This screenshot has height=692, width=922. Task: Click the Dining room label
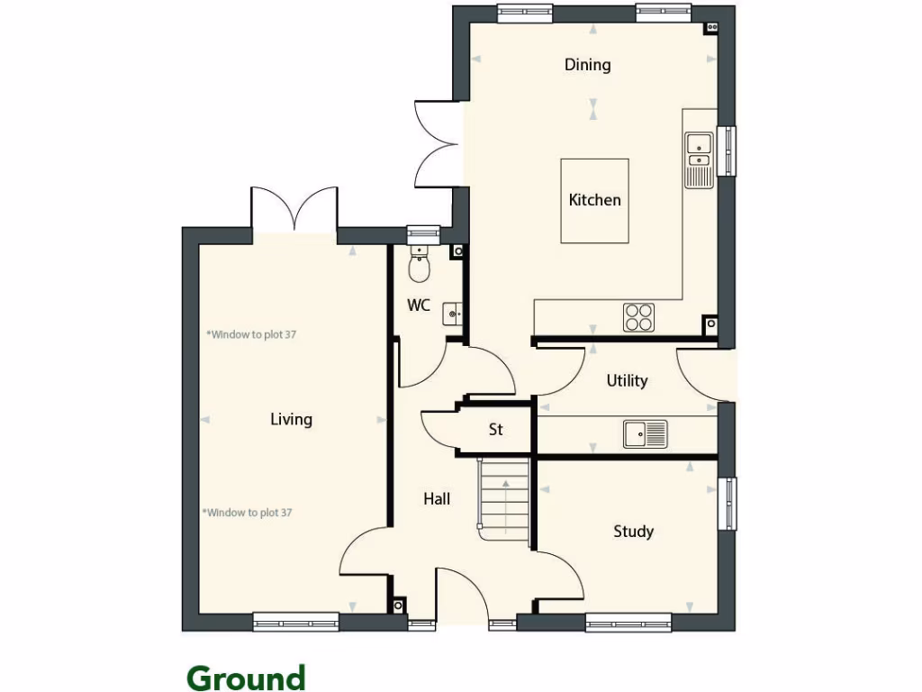pyautogui.click(x=587, y=65)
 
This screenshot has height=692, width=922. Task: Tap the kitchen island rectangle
pyautogui.click(x=594, y=200)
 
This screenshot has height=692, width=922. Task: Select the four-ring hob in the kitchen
pyautogui.click(x=639, y=317)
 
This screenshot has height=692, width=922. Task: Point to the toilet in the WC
pyautogui.click(x=420, y=267)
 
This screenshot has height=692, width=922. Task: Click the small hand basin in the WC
pyautogui.click(x=453, y=314)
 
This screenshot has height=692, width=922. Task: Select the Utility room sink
pyautogui.click(x=645, y=433)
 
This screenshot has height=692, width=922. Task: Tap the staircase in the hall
pyautogui.click(x=504, y=498)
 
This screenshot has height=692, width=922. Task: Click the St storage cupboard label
pyautogui.click(x=495, y=431)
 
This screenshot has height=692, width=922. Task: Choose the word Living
pyautogui.click(x=291, y=419)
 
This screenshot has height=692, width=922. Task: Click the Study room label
pyautogui.click(x=633, y=532)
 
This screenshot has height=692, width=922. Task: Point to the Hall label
pyautogui.click(x=437, y=499)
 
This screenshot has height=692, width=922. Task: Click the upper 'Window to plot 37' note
pyautogui.click(x=251, y=334)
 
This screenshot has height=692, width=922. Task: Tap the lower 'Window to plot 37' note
pyautogui.click(x=248, y=513)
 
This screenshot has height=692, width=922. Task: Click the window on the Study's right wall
pyautogui.click(x=731, y=503)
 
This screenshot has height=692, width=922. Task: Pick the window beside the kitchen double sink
pyautogui.click(x=731, y=150)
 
